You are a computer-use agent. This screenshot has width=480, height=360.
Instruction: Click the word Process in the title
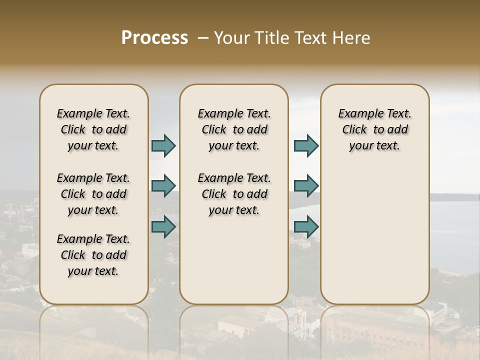[154, 38]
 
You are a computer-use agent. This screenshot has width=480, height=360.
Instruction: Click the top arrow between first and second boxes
[163, 145]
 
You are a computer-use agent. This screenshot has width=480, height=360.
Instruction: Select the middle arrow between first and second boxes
[163, 186]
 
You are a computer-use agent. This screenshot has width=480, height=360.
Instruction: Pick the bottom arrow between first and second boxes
[163, 226]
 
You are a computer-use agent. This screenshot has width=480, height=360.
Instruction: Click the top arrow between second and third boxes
[306, 145]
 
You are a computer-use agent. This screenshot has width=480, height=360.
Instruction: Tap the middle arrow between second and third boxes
[306, 186]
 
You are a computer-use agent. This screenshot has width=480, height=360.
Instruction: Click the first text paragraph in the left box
[93, 129]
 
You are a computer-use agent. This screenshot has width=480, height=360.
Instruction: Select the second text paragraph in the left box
[93, 194]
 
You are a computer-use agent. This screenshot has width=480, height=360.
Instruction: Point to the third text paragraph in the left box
[93, 255]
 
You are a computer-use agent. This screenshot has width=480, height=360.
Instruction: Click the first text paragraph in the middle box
[234, 129]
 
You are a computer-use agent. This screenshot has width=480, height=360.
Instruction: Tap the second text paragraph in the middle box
[234, 194]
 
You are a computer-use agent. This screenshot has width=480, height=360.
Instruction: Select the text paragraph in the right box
[374, 129]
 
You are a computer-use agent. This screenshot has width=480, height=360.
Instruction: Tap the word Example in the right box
[358, 113]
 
